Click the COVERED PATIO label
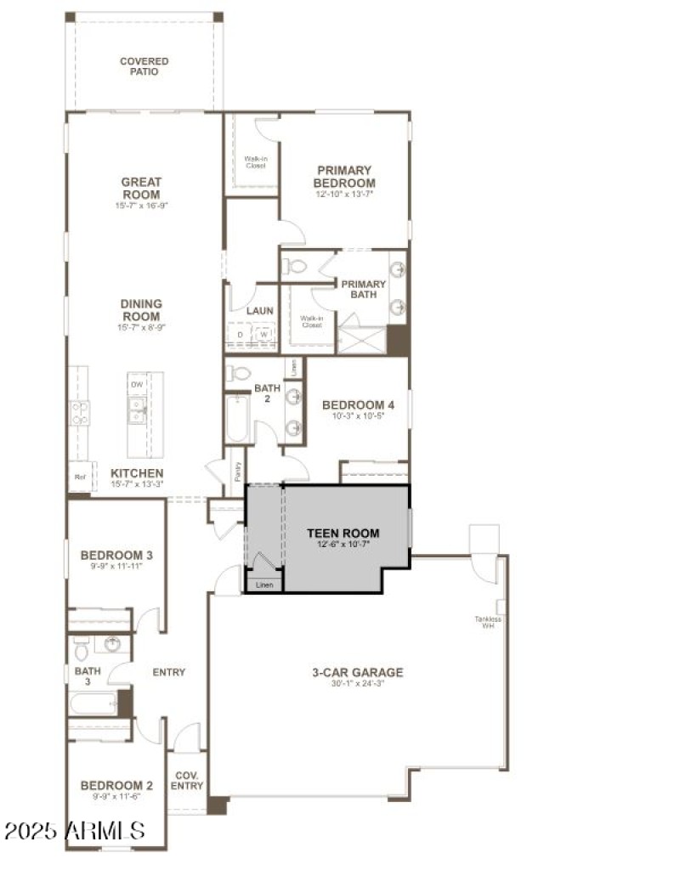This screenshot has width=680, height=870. coord(144,66)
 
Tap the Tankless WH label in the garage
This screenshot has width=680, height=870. coord(487,622)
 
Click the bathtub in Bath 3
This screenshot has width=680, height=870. coord(93,703)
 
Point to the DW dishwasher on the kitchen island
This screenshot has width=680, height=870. coord(137,385)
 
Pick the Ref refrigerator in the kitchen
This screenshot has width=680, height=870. coord(80,477)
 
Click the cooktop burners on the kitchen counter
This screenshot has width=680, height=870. coord(79,414)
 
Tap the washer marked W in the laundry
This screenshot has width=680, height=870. coord(264,335)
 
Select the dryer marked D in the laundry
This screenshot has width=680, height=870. coord(240,335)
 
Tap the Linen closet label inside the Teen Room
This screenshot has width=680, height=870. coord(264,585)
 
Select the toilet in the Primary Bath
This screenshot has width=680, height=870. coord(295,266)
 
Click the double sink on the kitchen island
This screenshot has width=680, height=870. coord(137,415)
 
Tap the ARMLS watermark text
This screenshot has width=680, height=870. coord(74,830)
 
